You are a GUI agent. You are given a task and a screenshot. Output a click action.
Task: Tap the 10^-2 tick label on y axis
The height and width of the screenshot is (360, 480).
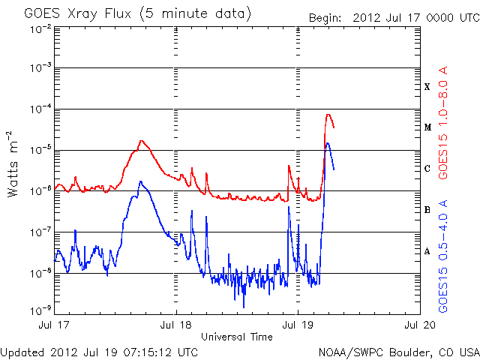(x=40, y=28)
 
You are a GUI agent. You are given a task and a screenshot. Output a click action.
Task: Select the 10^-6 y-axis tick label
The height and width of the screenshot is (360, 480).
(x=40, y=189)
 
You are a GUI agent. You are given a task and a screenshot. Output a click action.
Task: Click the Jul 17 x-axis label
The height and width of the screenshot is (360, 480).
(x=56, y=325)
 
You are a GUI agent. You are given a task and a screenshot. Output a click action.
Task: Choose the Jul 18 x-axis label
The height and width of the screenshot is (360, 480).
(x=177, y=325)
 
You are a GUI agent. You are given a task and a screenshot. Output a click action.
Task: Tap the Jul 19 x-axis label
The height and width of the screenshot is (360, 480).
(x=298, y=325)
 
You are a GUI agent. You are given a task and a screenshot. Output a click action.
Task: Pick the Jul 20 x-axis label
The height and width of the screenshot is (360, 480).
(x=418, y=325)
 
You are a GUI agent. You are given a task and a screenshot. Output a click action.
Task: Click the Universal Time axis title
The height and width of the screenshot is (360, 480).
(x=236, y=337)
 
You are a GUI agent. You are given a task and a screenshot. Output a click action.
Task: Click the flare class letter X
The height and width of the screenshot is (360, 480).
(x=427, y=87)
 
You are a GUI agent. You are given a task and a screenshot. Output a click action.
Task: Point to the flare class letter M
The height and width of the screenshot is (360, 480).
(x=427, y=127)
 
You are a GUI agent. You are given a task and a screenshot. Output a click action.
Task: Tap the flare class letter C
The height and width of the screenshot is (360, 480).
(x=427, y=169)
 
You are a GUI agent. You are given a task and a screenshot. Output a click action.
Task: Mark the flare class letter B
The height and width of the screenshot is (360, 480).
(x=427, y=210)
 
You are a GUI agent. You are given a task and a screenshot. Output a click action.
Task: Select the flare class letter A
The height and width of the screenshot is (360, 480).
(x=427, y=251)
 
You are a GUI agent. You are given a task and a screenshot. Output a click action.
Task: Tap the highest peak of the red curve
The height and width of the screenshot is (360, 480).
(x=328, y=115)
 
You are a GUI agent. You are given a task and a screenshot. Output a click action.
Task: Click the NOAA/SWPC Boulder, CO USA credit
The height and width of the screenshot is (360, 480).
(x=397, y=352)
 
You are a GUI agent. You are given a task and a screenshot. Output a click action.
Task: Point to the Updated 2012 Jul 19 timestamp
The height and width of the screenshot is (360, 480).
(x=100, y=352)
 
